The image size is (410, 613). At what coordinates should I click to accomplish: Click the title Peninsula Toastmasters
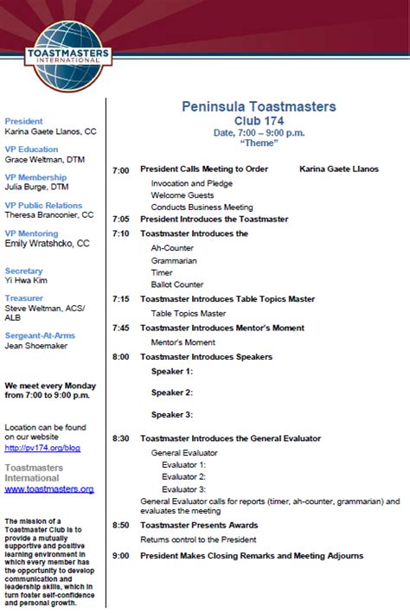coord(259,106)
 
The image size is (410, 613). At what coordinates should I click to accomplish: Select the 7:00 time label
coord(120,169)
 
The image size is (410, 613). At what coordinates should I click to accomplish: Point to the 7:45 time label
coord(120,328)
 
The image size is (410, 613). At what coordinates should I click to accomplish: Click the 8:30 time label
coord(120,438)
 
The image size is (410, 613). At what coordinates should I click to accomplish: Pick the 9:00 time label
coord(120,555)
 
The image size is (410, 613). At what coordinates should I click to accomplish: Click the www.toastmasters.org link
coord(49,488)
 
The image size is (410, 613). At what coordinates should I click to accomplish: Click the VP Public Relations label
coord(43,205)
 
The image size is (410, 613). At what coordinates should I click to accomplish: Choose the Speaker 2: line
coord(171,392)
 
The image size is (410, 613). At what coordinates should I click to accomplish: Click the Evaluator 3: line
coord(183,488)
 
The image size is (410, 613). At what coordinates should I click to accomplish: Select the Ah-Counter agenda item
coord(173,247)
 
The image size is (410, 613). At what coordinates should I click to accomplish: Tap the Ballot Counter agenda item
coord(177,284)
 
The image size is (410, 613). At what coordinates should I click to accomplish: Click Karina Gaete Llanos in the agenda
coord(339,169)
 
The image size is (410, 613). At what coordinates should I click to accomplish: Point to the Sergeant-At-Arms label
coord(40,335)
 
